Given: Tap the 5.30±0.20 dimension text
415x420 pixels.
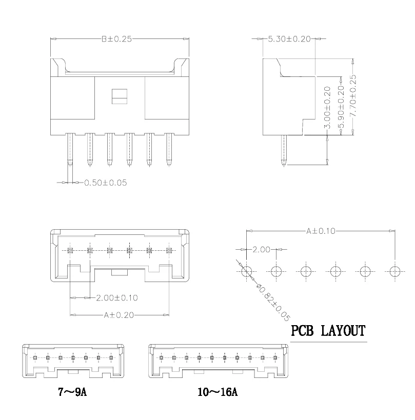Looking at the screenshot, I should tap(290, 39).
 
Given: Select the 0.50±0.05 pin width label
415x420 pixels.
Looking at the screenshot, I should tap(106, 182).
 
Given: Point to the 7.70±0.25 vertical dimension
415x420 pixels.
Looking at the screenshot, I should tap(353, 97).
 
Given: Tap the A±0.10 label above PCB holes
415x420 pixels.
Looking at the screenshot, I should tap(321, 231).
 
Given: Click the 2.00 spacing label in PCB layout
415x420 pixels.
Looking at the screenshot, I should tap(261, 250).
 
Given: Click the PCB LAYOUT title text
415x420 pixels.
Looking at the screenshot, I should tap(328, 331).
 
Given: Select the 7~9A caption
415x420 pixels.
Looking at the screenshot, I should tap(72, 393).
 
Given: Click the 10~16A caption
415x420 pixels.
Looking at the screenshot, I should tap(218, 393).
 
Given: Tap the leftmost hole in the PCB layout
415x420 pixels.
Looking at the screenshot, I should tap(247, 271).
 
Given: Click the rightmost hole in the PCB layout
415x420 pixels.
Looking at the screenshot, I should tap(394, 271).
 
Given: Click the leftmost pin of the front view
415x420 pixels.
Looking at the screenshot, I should tap(69, 149).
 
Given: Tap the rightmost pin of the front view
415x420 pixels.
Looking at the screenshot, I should tap(168, 149).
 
